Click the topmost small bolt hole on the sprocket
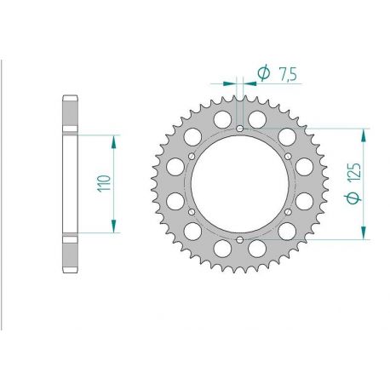click(240, 129)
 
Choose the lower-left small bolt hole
click(193, 211)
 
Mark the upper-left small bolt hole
click(193, 157)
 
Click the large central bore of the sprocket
click(240, 184)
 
